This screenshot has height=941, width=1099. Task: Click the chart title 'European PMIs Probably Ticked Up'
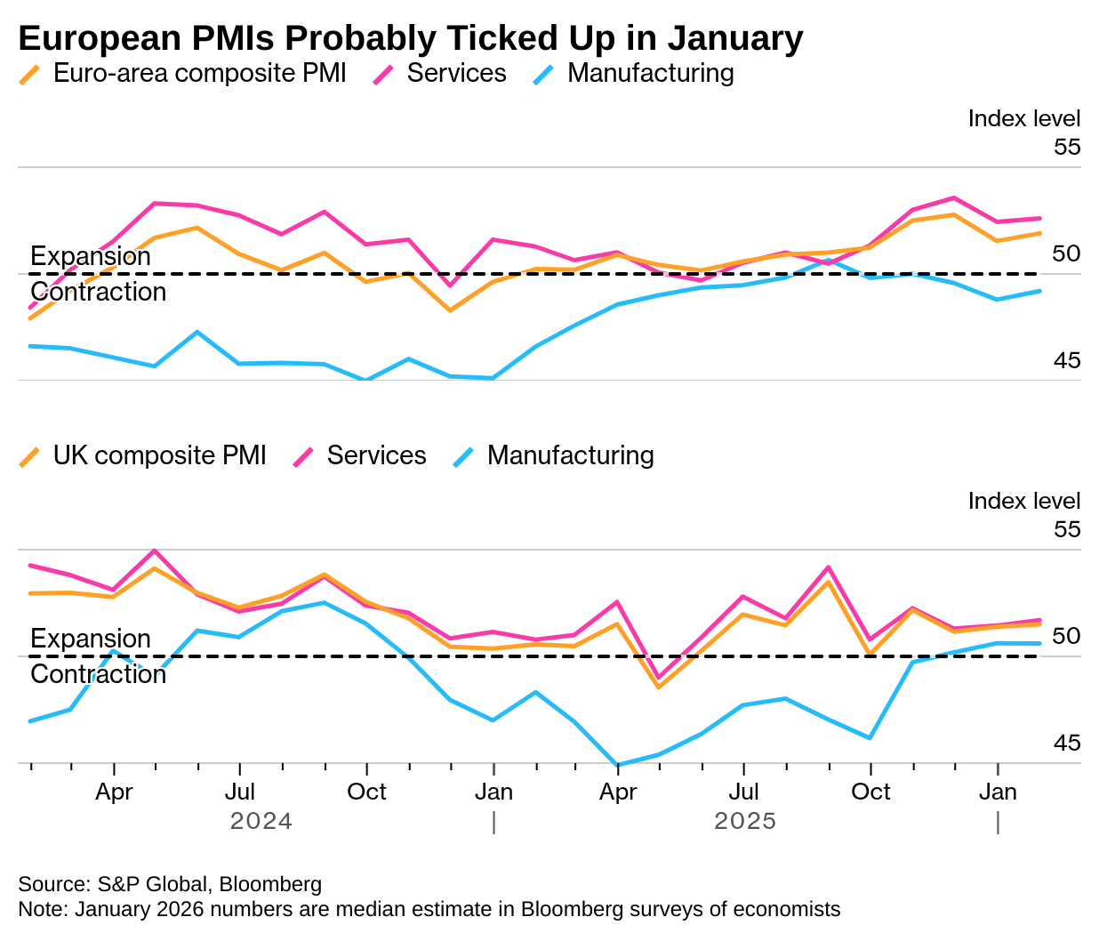(x=410, y=38)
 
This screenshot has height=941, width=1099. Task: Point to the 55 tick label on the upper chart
(x=1067, y=147)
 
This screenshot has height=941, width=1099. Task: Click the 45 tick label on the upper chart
(x=1067, y=360)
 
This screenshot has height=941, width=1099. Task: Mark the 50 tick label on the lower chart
(x=1067, y=636)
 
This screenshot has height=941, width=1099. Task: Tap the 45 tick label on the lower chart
(x=1067, y=743)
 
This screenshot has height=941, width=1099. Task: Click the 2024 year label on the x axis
(x=261, y=820)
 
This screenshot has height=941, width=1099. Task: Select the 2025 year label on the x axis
(x=745, y=820)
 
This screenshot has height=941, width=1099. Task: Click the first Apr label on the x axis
(x=114, y=792)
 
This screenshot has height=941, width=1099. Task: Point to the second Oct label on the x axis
(x=870, y=792)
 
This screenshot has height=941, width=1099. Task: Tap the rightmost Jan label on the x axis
(x=998, y=792)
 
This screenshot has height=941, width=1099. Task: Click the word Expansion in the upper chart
(x=91, y=256)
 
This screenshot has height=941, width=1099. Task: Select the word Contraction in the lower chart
(x=99, y=674)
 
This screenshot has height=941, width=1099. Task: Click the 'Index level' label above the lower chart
(x=1024, y=501)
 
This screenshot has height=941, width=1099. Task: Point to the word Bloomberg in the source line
(x=270, y=884)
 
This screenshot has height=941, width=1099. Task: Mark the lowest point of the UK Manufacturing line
(x=617, y=764)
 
